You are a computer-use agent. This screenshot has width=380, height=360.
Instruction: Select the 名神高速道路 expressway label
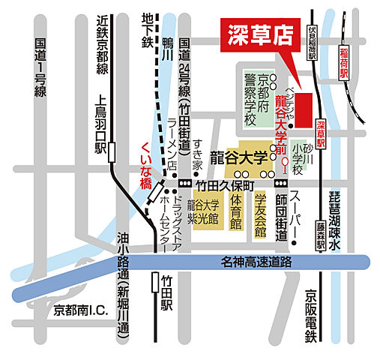[256, 262]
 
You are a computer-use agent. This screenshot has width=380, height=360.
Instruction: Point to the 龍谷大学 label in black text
[238, 157]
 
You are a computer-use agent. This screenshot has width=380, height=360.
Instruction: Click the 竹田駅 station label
[167, 293]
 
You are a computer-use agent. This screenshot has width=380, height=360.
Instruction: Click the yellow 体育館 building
[235, 212]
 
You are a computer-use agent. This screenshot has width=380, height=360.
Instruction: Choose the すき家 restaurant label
[198, 154]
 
